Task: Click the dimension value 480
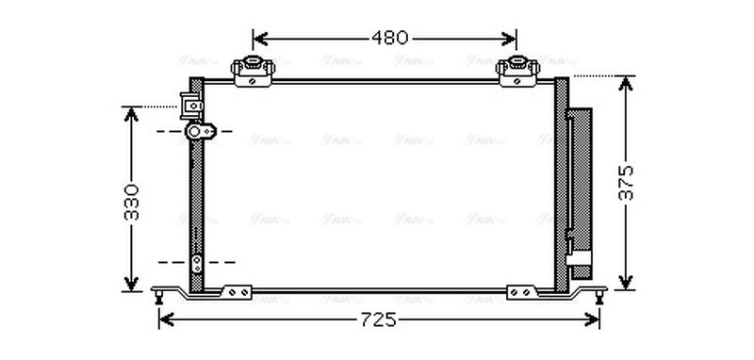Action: point(387,39)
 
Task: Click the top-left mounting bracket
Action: point(253,72)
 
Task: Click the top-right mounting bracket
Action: point(516,72)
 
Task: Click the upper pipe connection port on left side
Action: point(198,132)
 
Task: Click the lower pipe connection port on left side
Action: point(197,263)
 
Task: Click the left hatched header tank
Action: point(196,188)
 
